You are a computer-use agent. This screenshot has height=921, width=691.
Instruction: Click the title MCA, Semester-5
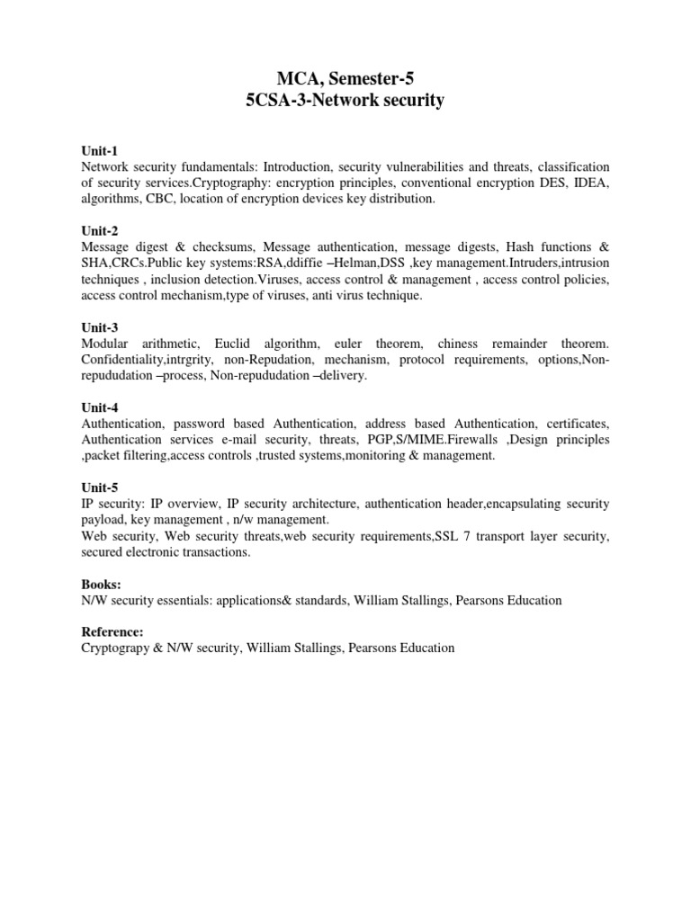point(345,78)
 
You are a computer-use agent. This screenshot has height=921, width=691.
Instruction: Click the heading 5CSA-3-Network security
point(345,101)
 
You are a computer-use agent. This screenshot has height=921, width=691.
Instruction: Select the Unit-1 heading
point(100,151)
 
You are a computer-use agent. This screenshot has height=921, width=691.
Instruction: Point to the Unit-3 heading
point(100,327)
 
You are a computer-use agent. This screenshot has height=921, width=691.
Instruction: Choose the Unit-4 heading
point(100,407)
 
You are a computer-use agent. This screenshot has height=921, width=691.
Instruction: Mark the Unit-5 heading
point(100,487)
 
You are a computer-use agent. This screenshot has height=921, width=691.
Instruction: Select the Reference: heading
point(112,632)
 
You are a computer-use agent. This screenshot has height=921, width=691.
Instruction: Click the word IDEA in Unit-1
point(590,183)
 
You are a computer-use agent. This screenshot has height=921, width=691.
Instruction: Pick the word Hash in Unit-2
point(521,246)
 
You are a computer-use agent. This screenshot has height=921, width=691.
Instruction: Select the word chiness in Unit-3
point(464,344)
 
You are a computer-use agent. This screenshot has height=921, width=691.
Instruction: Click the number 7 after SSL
point(438,537)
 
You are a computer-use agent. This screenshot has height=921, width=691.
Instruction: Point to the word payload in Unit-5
point(103,520)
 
